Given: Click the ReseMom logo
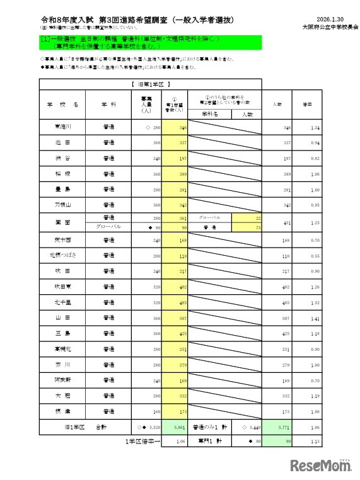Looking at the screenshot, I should (321, 465).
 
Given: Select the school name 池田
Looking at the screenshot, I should (62, 143).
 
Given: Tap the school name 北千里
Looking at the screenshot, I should (62, 302).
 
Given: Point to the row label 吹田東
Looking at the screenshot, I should (62, 287).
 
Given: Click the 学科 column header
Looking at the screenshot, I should (108, 104).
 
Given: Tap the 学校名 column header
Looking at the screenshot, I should (62, 104).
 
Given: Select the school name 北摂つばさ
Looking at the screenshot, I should (62, 255).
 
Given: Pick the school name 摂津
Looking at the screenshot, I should (62, 411).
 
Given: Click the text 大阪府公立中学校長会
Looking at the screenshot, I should (322, 28).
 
